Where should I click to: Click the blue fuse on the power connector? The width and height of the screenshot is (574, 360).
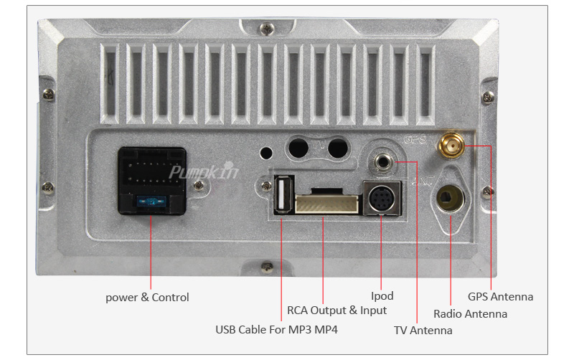point(151,204)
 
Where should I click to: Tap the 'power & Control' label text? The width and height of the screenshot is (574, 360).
point(147,297)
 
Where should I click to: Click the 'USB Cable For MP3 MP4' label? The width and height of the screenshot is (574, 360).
point(276,330)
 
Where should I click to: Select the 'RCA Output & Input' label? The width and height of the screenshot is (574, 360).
point(337,311)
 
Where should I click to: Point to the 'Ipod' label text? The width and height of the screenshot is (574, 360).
point(382,295)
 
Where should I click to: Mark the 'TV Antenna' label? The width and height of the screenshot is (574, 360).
point(423,331)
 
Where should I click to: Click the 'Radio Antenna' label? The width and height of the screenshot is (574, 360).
point(470,313)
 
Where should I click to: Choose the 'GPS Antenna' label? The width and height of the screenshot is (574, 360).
point(500,296)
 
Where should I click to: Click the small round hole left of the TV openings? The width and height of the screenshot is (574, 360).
point(267,153)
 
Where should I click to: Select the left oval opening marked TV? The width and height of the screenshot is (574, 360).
point(298,148)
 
